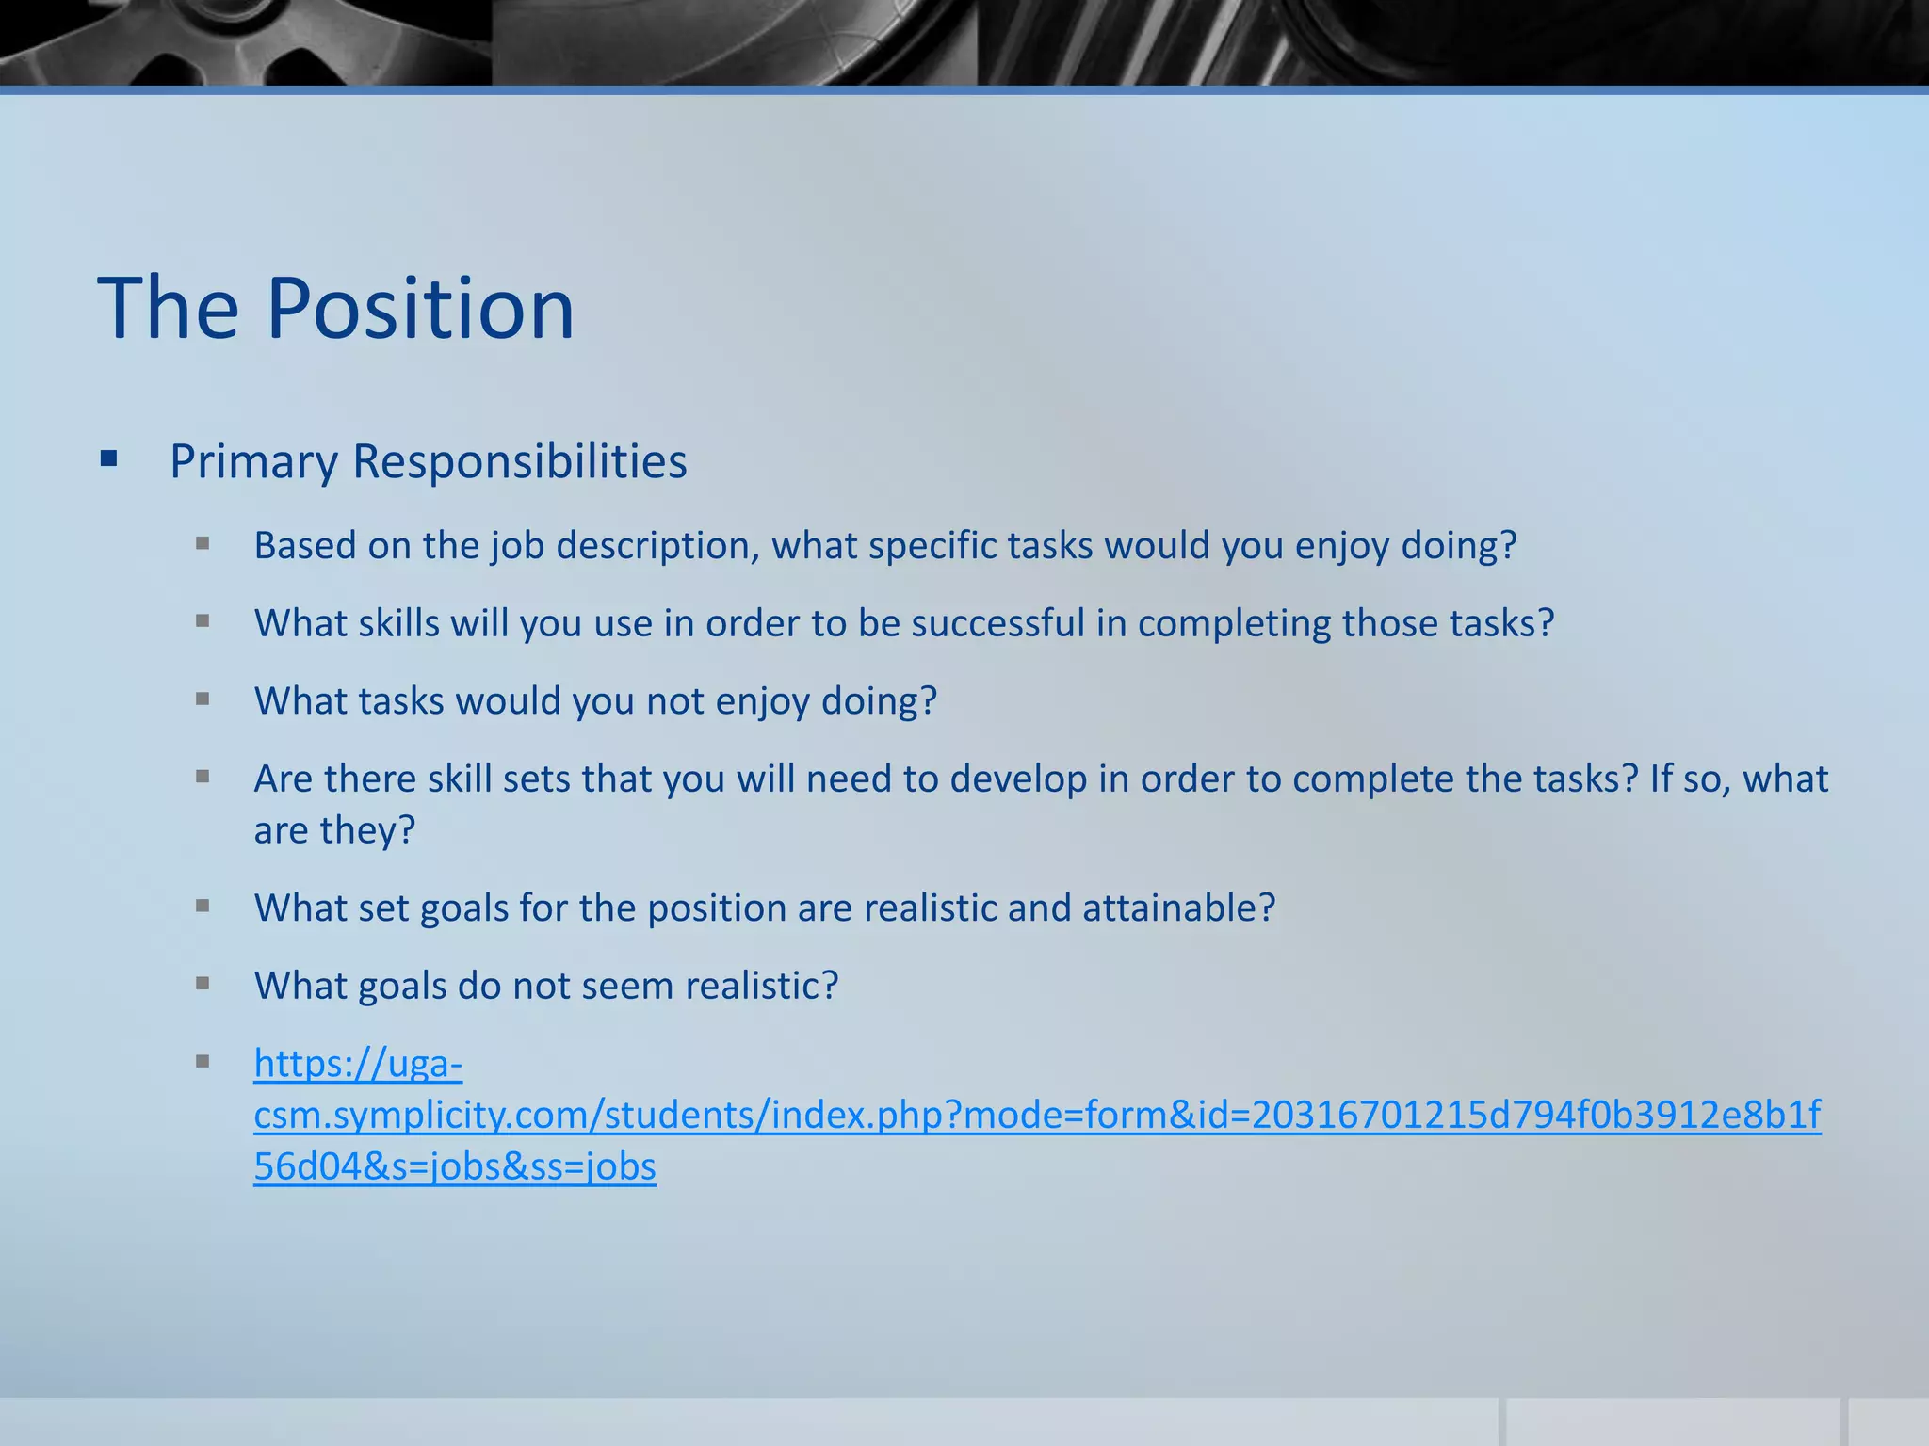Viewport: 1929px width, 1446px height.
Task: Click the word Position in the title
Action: coord(420,309)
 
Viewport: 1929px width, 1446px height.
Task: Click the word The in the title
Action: coord(169,309)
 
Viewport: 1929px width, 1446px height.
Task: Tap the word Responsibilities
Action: coord(519,461)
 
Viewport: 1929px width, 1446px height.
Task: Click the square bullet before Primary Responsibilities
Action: coord(109,459)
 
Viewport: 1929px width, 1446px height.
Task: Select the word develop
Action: coord(1018,779)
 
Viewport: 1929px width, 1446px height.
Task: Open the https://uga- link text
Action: coord(358,1064)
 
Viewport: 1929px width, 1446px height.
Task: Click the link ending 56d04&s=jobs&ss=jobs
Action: coord(455,1166)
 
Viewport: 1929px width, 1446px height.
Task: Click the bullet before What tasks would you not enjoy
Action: coord(203,699)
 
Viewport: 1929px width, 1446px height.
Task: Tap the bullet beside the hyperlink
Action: coord(203,1062)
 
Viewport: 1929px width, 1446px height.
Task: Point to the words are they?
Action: coord(334,830)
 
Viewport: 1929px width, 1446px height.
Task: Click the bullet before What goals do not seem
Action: coord(203,984)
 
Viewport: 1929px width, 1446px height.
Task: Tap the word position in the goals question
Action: coord(716,908)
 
